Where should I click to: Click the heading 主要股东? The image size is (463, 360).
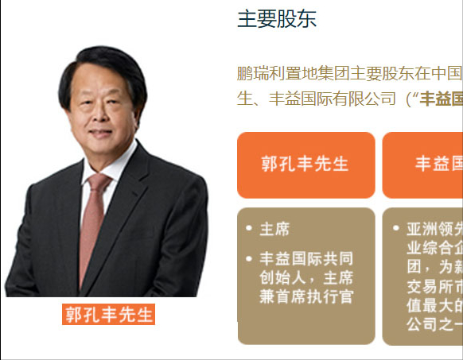[277, 19]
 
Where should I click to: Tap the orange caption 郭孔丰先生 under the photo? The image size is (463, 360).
[109, 314]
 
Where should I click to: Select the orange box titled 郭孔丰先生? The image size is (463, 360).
[305, 165]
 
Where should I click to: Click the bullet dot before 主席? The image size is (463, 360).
[250, 229]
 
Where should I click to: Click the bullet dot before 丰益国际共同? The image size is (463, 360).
[250, 259]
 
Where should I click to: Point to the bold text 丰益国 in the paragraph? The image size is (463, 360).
[442, 99]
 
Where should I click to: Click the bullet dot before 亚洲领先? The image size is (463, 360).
[396, 229]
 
